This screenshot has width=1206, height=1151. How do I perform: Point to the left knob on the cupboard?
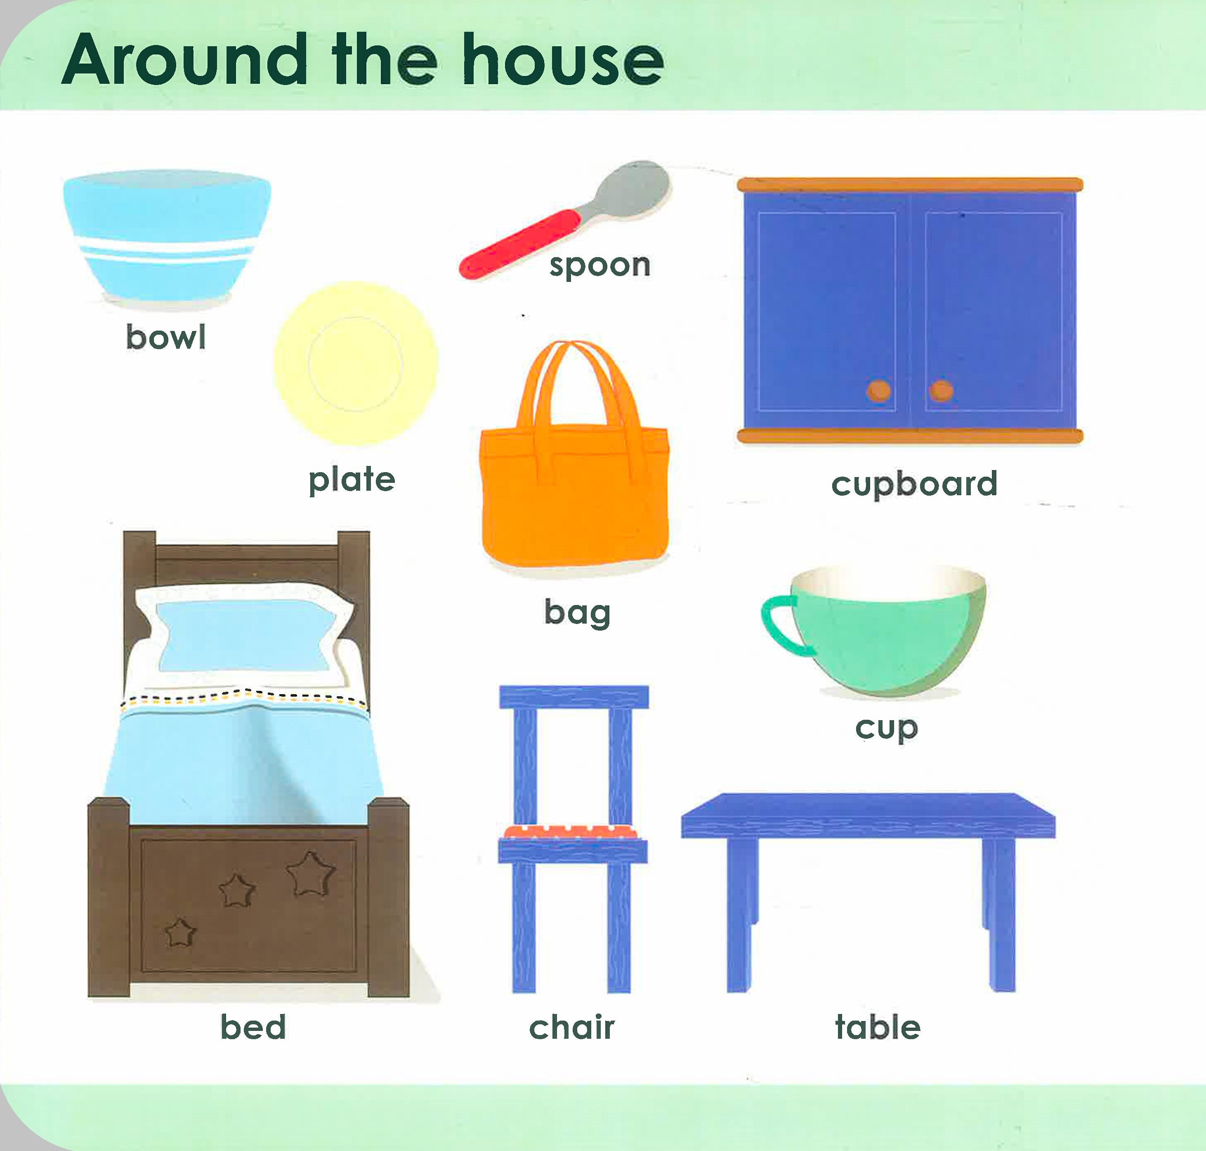click(x=879, y=390)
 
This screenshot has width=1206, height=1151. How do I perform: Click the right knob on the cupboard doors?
click(x=941, y=390)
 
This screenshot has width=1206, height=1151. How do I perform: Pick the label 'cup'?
click(x=886, y=729)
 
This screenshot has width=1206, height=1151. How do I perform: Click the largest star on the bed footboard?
click(x=311, y=873)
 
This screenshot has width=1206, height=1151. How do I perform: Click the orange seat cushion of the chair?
click(x=572, y=831)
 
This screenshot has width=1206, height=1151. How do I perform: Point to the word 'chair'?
click(x=572, y=1027)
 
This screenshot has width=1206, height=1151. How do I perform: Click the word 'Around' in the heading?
click(x=184, y=61)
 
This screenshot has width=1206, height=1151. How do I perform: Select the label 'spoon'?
click(x=599, y=266)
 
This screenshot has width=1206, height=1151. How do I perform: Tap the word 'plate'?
click(x=352, y=480)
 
